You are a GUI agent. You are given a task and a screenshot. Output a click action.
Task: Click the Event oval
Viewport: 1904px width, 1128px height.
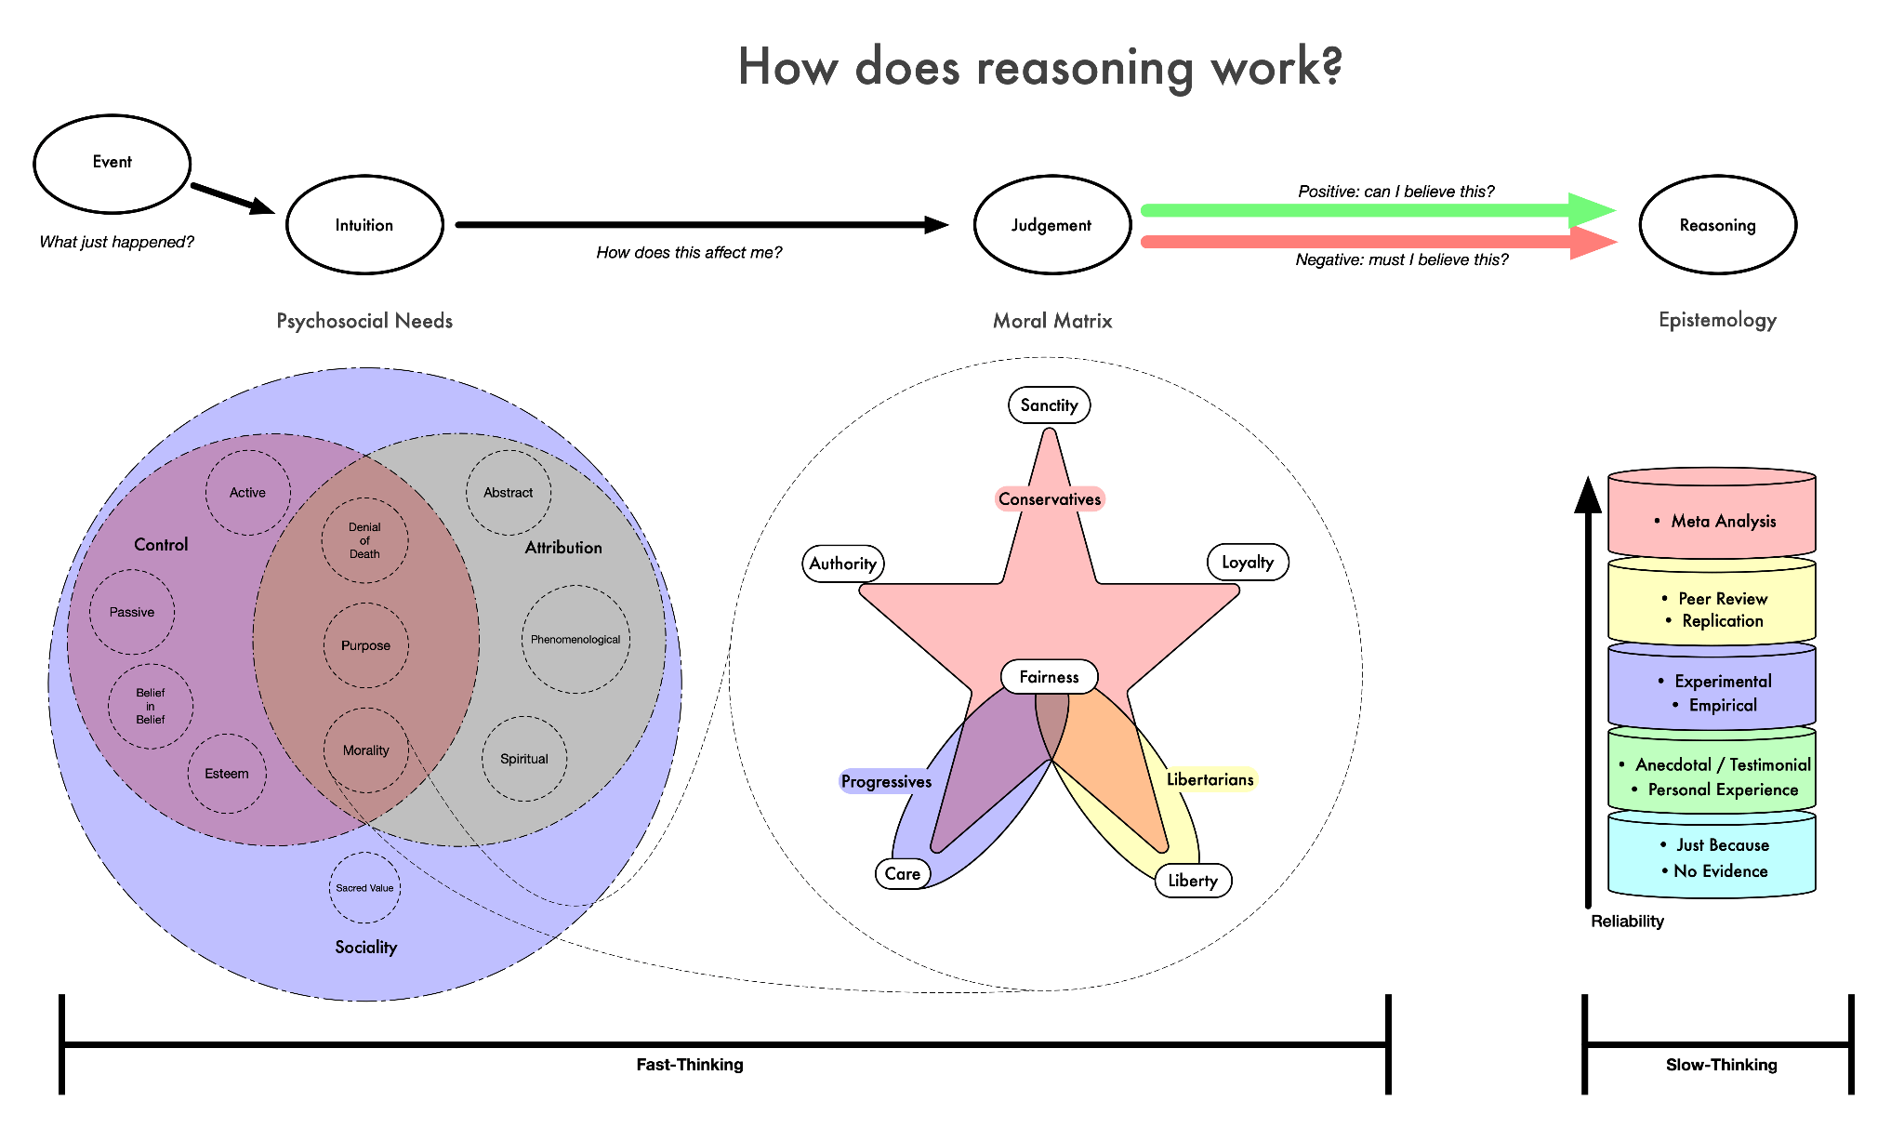(x=112, y=164)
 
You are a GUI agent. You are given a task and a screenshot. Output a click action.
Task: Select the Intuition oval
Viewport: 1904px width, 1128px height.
(x=364, y=225)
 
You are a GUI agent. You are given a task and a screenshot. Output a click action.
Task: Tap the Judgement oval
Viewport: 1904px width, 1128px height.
(x=1051, y=225)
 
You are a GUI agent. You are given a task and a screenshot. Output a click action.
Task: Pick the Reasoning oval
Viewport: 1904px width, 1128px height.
(x=1717, y=225)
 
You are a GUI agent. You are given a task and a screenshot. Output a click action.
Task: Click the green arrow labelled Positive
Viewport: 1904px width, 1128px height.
(x=1376, y=211)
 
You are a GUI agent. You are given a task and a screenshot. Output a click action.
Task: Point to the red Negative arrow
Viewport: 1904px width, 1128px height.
(x=1376, y=243)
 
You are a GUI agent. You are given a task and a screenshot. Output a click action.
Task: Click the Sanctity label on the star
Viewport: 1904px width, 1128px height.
(x=1049, y=405)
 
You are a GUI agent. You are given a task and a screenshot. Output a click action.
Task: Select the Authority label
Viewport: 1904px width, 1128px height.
(x=842, y=564)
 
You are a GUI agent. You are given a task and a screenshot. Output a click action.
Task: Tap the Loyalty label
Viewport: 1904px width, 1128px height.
(x=1247, y=563)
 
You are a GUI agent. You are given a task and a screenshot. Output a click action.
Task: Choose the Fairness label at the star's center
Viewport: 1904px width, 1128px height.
(x=1049, y=677)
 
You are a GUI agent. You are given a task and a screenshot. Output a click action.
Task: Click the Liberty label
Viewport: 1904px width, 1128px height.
(x=1193, y=881)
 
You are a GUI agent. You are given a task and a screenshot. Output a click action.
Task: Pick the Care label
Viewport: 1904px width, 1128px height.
(x=903, y=874)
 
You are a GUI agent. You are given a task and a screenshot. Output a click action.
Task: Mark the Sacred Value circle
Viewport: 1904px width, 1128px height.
(x=364, y=888)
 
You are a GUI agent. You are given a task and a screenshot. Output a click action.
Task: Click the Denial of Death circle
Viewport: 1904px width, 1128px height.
(x=364, y=540)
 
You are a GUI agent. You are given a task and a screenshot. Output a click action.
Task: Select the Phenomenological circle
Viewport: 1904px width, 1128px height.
(x=575, y=640)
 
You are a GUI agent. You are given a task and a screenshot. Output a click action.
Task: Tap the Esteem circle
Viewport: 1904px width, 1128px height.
(x=227, y=774)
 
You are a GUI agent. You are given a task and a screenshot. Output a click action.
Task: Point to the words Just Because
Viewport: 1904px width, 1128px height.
(x=1723, y=845)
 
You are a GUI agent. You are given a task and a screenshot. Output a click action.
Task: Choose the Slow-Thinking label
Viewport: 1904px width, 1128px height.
(x=1721, y=1065)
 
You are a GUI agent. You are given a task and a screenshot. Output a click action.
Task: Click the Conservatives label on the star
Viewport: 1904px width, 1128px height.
(x=1050, y=499)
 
